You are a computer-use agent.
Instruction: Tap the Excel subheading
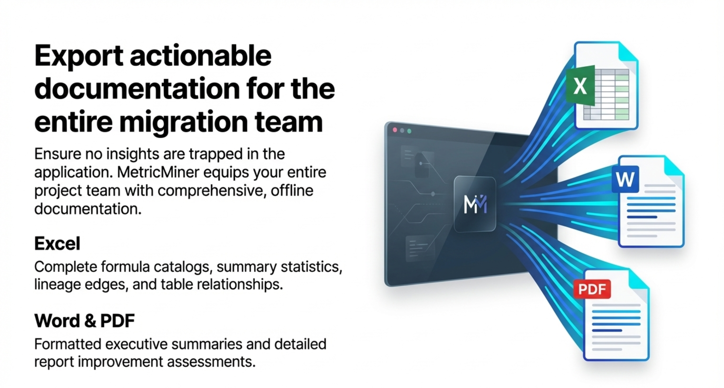(x=57, y=243)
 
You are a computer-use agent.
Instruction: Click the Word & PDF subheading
(x=84, y=321)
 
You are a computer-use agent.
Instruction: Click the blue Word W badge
(x=625, y=179)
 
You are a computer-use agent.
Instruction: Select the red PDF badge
(x=592, y=289)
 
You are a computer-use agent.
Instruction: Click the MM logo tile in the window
(x=475, y=204)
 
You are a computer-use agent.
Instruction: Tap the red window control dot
(x=395, y=130)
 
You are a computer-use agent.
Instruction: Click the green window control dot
(x=409, y=131)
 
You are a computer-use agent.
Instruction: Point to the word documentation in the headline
(x=137, y=89)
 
